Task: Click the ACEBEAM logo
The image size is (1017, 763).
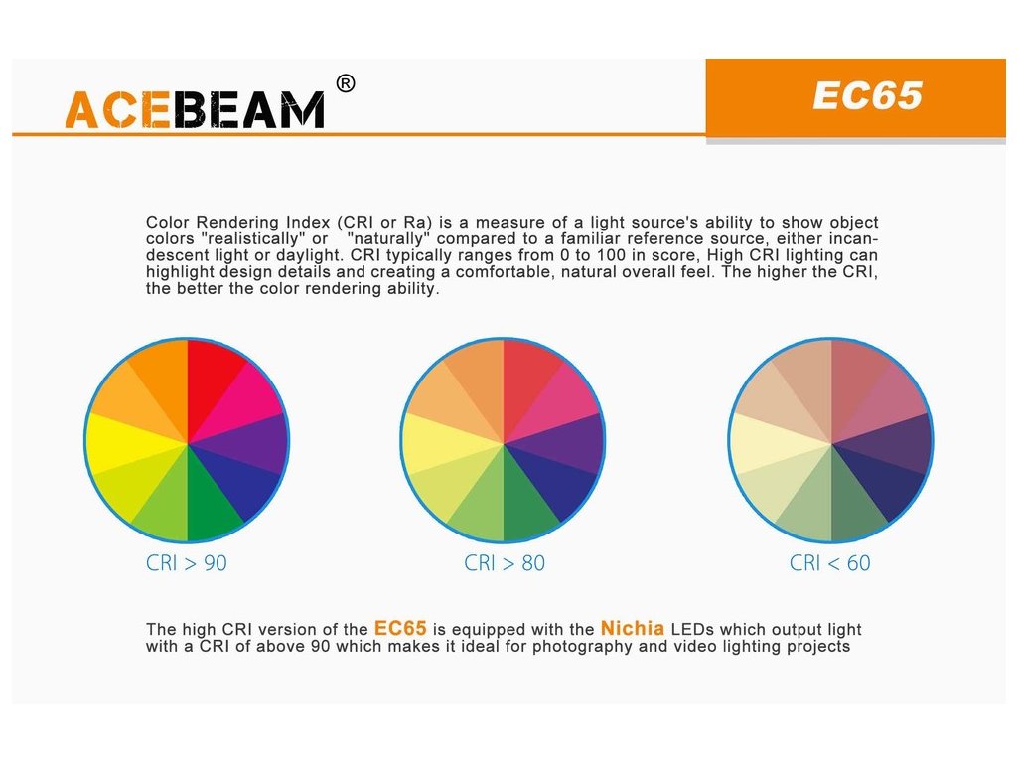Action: (x=195, y=109)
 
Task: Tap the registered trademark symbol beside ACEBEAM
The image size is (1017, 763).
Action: (x=346, y=83)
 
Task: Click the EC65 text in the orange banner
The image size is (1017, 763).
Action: (x=867, y=96)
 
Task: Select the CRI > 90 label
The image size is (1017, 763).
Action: (x=186, y=563)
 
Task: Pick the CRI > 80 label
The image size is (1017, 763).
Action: (x=504, y=563)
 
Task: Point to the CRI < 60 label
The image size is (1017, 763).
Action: (x=829, y=563)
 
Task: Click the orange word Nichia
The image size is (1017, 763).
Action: (x=633, y=628)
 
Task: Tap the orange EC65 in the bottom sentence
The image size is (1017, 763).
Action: (x=400, y=628)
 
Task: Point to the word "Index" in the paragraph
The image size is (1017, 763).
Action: (x=308, y=222)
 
